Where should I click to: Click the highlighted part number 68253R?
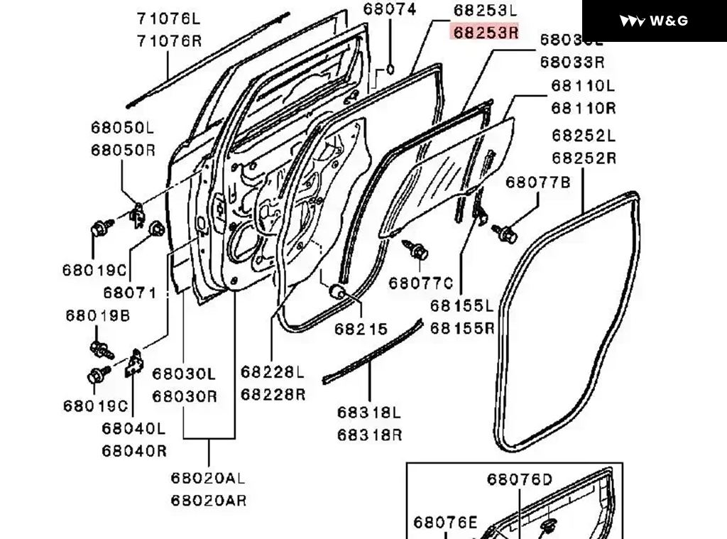(x=486, y=33)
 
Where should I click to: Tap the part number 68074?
(x=390, y=10)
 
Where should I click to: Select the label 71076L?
(x=169, y=18)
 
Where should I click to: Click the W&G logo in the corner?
(x=654, y=21)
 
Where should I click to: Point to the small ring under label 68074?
(x=390, y=70)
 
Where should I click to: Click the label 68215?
(x=361, y=329)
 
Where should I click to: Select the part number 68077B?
(x=537, y=183)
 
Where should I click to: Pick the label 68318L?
(x=369, y=413)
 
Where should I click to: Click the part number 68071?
(x=129, y=292)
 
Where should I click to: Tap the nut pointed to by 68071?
(x=157, y=229)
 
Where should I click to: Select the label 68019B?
(x=98, y=315)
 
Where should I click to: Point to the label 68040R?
(x=133, y=450)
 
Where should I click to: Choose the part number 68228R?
(x=273, y=393)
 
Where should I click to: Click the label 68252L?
(x=584, y=135)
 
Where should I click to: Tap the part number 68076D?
(x=519, y=479)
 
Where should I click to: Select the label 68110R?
(x=584, y=108)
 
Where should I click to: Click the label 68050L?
(x=122, y=128)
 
